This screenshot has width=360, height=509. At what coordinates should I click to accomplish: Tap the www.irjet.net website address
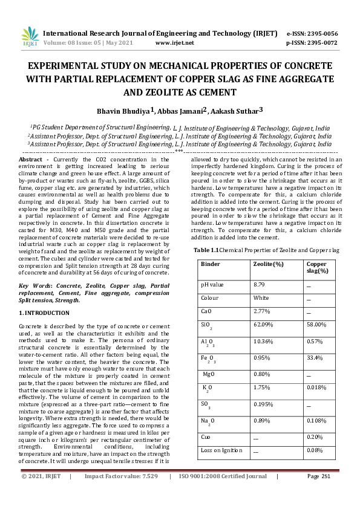point(175,43)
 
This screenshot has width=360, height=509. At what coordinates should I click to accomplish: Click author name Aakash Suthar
point(237,111)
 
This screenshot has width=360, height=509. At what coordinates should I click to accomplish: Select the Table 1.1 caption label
point(206,249)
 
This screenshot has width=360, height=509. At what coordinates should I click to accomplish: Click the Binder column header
point(211,264)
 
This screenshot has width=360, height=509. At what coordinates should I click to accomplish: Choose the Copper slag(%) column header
point(317,268)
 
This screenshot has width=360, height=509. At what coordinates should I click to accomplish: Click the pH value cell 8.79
point(259,284)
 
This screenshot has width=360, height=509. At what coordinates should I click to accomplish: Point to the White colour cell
point(261,298)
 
